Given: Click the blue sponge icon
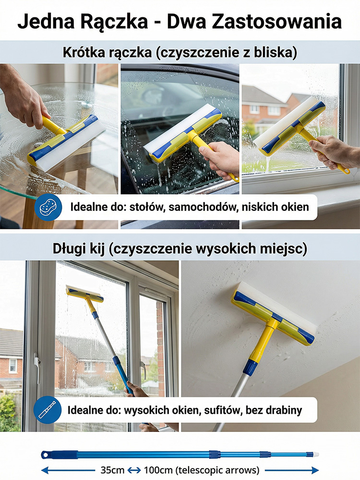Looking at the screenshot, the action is pos(48,207).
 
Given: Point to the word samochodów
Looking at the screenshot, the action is pos(203,207).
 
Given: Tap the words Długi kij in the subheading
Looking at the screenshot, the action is pos(79,249).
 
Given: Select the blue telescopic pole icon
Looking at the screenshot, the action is pos(47,410).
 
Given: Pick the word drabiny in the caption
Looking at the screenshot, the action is pos(284,410).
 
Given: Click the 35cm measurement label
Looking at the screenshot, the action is pos(112,470).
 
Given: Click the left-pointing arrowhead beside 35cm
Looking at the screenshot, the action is pos(45,470).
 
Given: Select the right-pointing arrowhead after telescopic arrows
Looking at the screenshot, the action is pos(315,470).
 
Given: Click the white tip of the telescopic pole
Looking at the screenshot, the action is pos(315,455).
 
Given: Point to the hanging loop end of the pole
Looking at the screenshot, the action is pos(45,455).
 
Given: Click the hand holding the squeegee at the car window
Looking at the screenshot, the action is pos(218,158).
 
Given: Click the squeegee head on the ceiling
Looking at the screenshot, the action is pos(273,313).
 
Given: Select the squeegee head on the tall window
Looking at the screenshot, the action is pos(85,293).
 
